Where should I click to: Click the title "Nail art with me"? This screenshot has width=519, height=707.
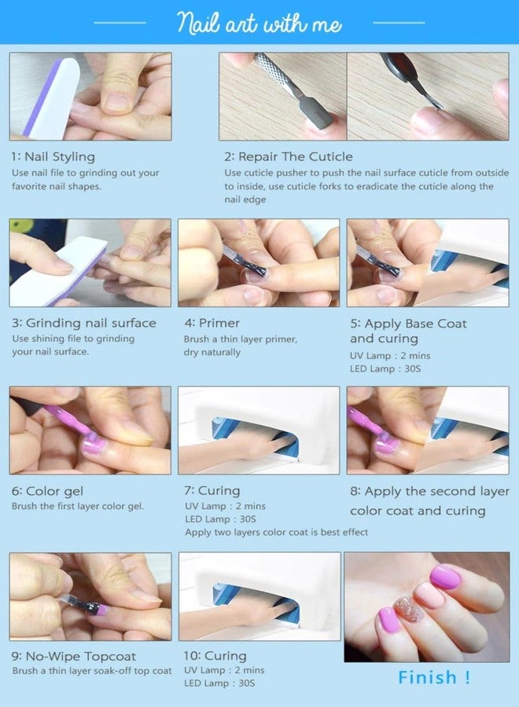(259, 23)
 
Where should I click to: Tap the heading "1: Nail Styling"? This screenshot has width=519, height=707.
(53, 156)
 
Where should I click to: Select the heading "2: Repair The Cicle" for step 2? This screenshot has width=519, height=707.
(289, 156)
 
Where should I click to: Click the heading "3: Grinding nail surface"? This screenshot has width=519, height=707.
(83, 323)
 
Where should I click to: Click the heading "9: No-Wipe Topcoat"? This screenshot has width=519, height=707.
(74, 656)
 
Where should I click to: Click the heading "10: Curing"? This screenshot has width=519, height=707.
(215, 656)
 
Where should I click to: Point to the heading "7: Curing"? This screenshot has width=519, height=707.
(212, 491)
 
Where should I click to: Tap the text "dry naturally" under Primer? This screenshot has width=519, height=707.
(212, 353)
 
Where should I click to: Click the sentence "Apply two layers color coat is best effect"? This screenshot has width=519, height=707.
(276, 532)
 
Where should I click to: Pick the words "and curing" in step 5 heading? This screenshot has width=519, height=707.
(384, 339)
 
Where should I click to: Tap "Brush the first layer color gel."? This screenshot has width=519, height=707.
(77, 507)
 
